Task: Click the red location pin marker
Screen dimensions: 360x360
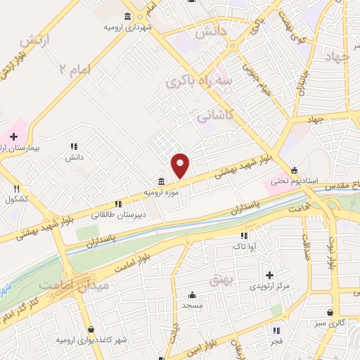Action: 181,165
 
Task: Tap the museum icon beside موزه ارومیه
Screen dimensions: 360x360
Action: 162,181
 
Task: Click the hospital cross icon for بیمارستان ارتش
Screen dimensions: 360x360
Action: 13,136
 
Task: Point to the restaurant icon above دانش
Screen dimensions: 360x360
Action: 73,147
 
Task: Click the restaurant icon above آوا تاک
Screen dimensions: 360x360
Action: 244,236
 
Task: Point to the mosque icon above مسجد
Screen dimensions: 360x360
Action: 191,295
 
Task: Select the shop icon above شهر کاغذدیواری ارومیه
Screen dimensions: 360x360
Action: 91,329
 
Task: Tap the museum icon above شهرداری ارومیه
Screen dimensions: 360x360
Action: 127,16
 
